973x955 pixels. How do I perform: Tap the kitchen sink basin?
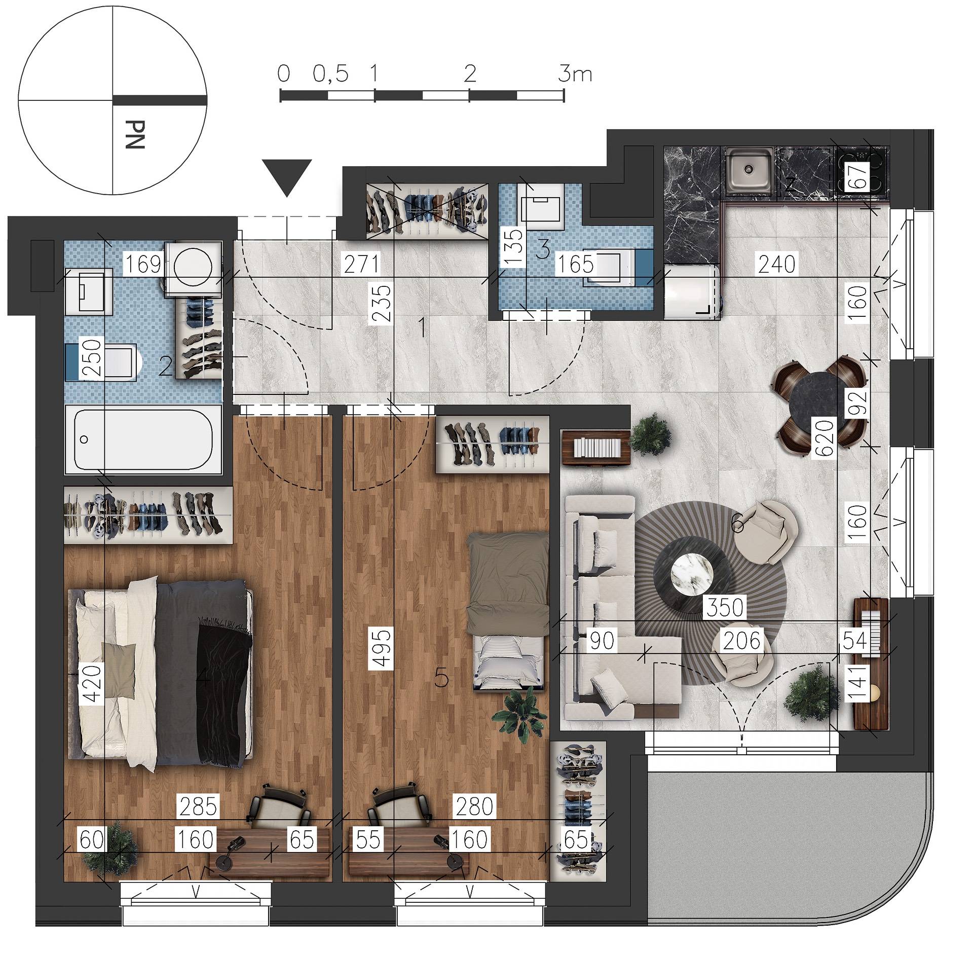(x=749, y=171)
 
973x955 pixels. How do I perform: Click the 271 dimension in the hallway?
(x=361, y=265)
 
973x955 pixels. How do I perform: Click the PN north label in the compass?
(x=135, y=134)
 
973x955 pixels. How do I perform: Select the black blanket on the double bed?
(x=224, y=695)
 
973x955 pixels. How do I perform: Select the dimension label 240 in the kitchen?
(x=777, y=264)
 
